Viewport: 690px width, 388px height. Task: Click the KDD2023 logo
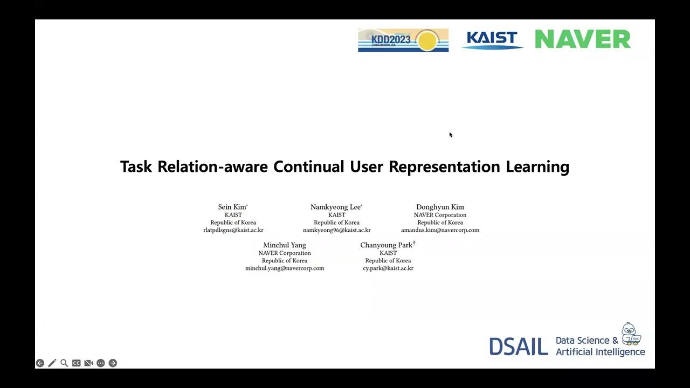point(403,40)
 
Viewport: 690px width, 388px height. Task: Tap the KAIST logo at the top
point(492,40)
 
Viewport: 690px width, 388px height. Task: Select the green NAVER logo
point(582,39)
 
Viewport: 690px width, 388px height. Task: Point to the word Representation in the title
point(445,167)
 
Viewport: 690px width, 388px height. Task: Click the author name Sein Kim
point(232,207)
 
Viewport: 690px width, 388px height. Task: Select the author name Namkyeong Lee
point(336,207)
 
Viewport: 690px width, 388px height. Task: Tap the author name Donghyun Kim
point(440,207)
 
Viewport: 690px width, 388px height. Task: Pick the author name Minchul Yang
point(285,245)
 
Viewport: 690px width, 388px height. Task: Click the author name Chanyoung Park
point(387,245)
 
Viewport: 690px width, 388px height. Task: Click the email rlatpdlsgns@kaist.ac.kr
point(233,230)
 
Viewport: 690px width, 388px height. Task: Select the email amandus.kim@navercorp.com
point(440,230)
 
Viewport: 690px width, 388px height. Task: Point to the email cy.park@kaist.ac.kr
point(388,268)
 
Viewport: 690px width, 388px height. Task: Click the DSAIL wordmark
point(519,347)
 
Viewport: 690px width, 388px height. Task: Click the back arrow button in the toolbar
point(40,363)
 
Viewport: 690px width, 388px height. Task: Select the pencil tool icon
point(52,363)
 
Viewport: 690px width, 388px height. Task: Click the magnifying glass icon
point(64,363)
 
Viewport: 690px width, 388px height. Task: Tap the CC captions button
point(77,363)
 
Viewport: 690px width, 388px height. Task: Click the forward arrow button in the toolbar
point(113,363)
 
